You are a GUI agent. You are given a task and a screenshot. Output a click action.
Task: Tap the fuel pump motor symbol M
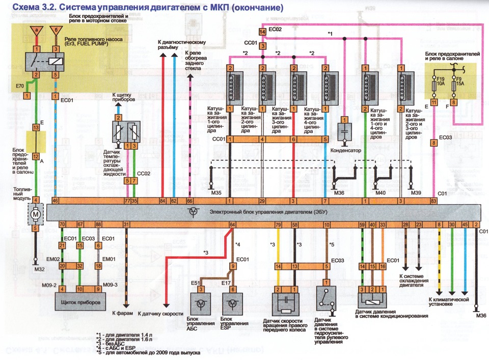pos(36,214)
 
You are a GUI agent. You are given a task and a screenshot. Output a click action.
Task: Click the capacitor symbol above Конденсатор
pos(344,131)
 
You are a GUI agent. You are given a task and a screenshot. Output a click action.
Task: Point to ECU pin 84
pos(162,201)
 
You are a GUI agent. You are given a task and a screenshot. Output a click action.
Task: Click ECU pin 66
pos(189,201)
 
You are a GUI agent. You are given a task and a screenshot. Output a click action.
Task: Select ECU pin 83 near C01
pos(433,201)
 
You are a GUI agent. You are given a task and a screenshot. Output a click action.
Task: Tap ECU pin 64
pos(233,225)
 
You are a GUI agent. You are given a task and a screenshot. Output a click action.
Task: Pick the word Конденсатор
pos(346,151)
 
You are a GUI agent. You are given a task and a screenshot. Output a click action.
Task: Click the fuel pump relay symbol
pos(45,61)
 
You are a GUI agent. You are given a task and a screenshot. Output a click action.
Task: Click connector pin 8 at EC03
pos(433,143)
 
